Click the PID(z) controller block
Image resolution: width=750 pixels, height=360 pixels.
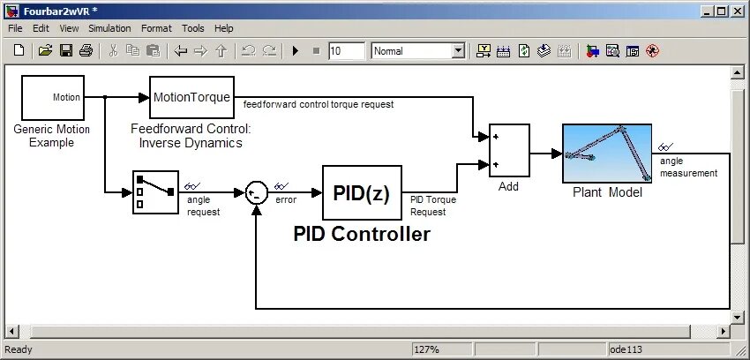click(362, 192)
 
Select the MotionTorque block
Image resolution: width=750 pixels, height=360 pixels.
click(191, 97)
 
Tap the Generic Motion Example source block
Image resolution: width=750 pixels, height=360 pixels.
click(52, 97)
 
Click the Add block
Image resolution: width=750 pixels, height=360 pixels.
click(509, 151)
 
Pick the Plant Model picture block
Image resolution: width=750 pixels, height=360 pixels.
click(607, 154)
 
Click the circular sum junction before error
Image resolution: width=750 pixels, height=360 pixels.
click(256, 192)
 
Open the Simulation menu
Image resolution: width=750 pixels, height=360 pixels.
click(109, 28)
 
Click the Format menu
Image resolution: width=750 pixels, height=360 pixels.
click(156, 28)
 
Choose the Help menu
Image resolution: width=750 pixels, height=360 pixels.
click(224, 28)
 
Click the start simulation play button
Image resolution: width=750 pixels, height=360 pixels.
click(296, 51)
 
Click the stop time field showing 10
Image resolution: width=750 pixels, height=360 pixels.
click(346, 51)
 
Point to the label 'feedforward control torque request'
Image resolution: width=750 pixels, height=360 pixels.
click(319, 104)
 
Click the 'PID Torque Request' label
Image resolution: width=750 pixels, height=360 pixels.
click(433, 206)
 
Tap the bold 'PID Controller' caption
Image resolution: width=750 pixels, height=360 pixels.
click(362, 234)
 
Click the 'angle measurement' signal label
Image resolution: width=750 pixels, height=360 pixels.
click(688, 168)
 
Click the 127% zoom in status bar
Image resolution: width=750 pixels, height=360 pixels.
click(427, 350)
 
